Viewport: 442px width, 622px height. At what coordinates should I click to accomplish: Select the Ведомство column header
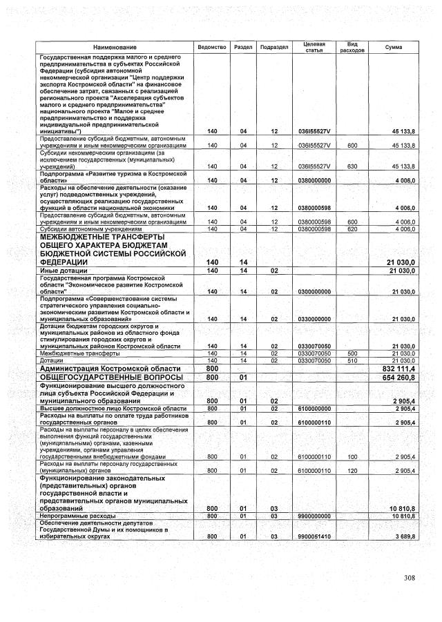coord(212,46)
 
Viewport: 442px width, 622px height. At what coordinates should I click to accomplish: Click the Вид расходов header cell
coord(352,46)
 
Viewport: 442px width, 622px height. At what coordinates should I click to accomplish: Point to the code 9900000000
coord(314,515)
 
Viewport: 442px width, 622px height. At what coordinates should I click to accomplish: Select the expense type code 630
coord(352,166)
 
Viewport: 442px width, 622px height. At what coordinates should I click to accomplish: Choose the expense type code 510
coord(352,360)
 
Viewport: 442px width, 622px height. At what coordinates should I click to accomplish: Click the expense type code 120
coord(352,471)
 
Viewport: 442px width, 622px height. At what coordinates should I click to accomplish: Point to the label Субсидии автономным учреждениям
coord(86,229)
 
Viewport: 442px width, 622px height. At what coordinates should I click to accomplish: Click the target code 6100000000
coord(314,409)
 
